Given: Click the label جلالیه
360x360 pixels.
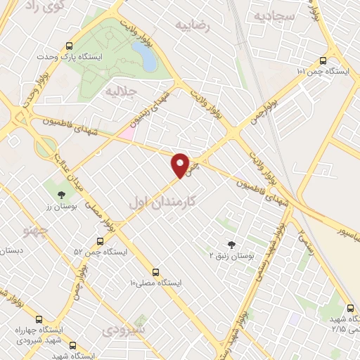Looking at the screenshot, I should point(120,91).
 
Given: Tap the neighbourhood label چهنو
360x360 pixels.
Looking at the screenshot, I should point(34,230).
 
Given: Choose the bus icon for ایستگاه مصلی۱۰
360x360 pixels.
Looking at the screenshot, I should point(156,271).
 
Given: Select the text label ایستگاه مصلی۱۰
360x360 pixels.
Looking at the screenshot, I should point(156,283).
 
